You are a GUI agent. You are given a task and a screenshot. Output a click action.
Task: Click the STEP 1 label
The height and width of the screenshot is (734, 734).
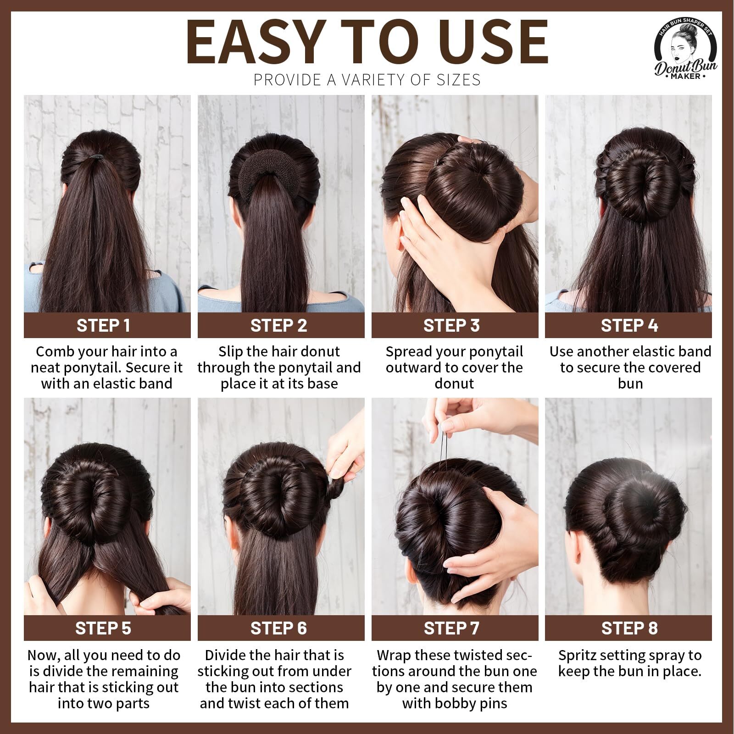pyautogui.click(x=103, y=325)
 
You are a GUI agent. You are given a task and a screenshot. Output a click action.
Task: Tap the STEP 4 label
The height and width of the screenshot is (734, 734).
pyautogui.click(x=629, y=325)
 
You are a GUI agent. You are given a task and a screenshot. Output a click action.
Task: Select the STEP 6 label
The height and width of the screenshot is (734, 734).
pyautogui.click(x=278, y=628)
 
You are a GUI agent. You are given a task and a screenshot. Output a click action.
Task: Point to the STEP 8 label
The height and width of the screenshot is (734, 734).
pyautogui.click(x=629, y=628)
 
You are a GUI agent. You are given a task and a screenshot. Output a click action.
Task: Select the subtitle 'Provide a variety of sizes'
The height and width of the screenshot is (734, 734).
pyautogui.click(x=367, y=80)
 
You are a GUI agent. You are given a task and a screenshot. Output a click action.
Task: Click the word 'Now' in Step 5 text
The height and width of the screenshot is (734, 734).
pyautogui.click(x=43, y=656)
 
